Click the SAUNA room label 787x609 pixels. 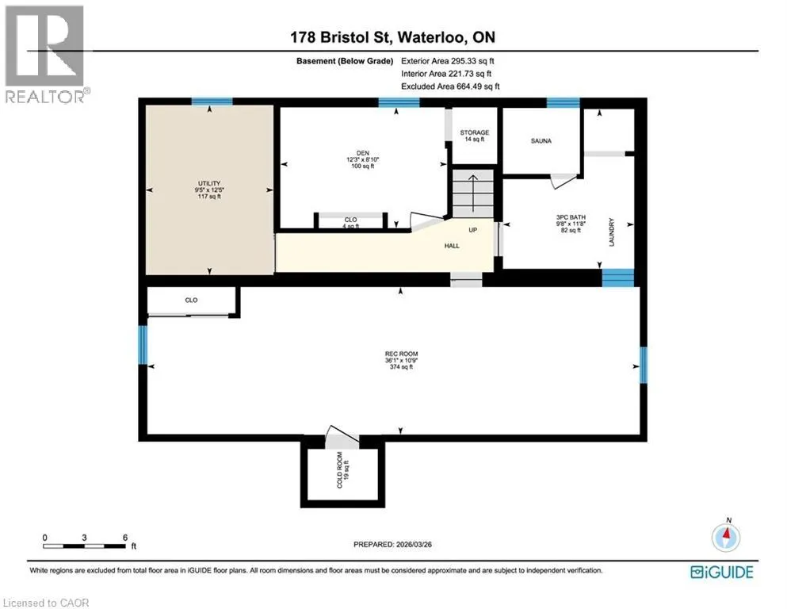[x=541, y=141]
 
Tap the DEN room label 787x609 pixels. [x=363, y=153]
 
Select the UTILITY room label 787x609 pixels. [x=209, y=184]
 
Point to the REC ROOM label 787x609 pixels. [x=402, y=354]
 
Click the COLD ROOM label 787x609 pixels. [x=340, y=470]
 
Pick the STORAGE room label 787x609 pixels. [x=474, y=132]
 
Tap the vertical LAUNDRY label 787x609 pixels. [x=611, y=232]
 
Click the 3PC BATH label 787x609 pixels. [x=571, y=217]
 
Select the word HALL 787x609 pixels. [x=452, y=246]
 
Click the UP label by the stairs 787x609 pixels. [x=473, y=230]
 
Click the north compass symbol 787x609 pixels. [x=726, y=536]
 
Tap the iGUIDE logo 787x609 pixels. [x=722, y=573]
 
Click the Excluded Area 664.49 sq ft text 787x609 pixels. [x=450, y=86]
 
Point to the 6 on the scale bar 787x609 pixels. [x=125, y=538]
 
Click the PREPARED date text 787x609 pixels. [x=392, y=544]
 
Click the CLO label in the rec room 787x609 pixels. [x=191, y=301]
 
